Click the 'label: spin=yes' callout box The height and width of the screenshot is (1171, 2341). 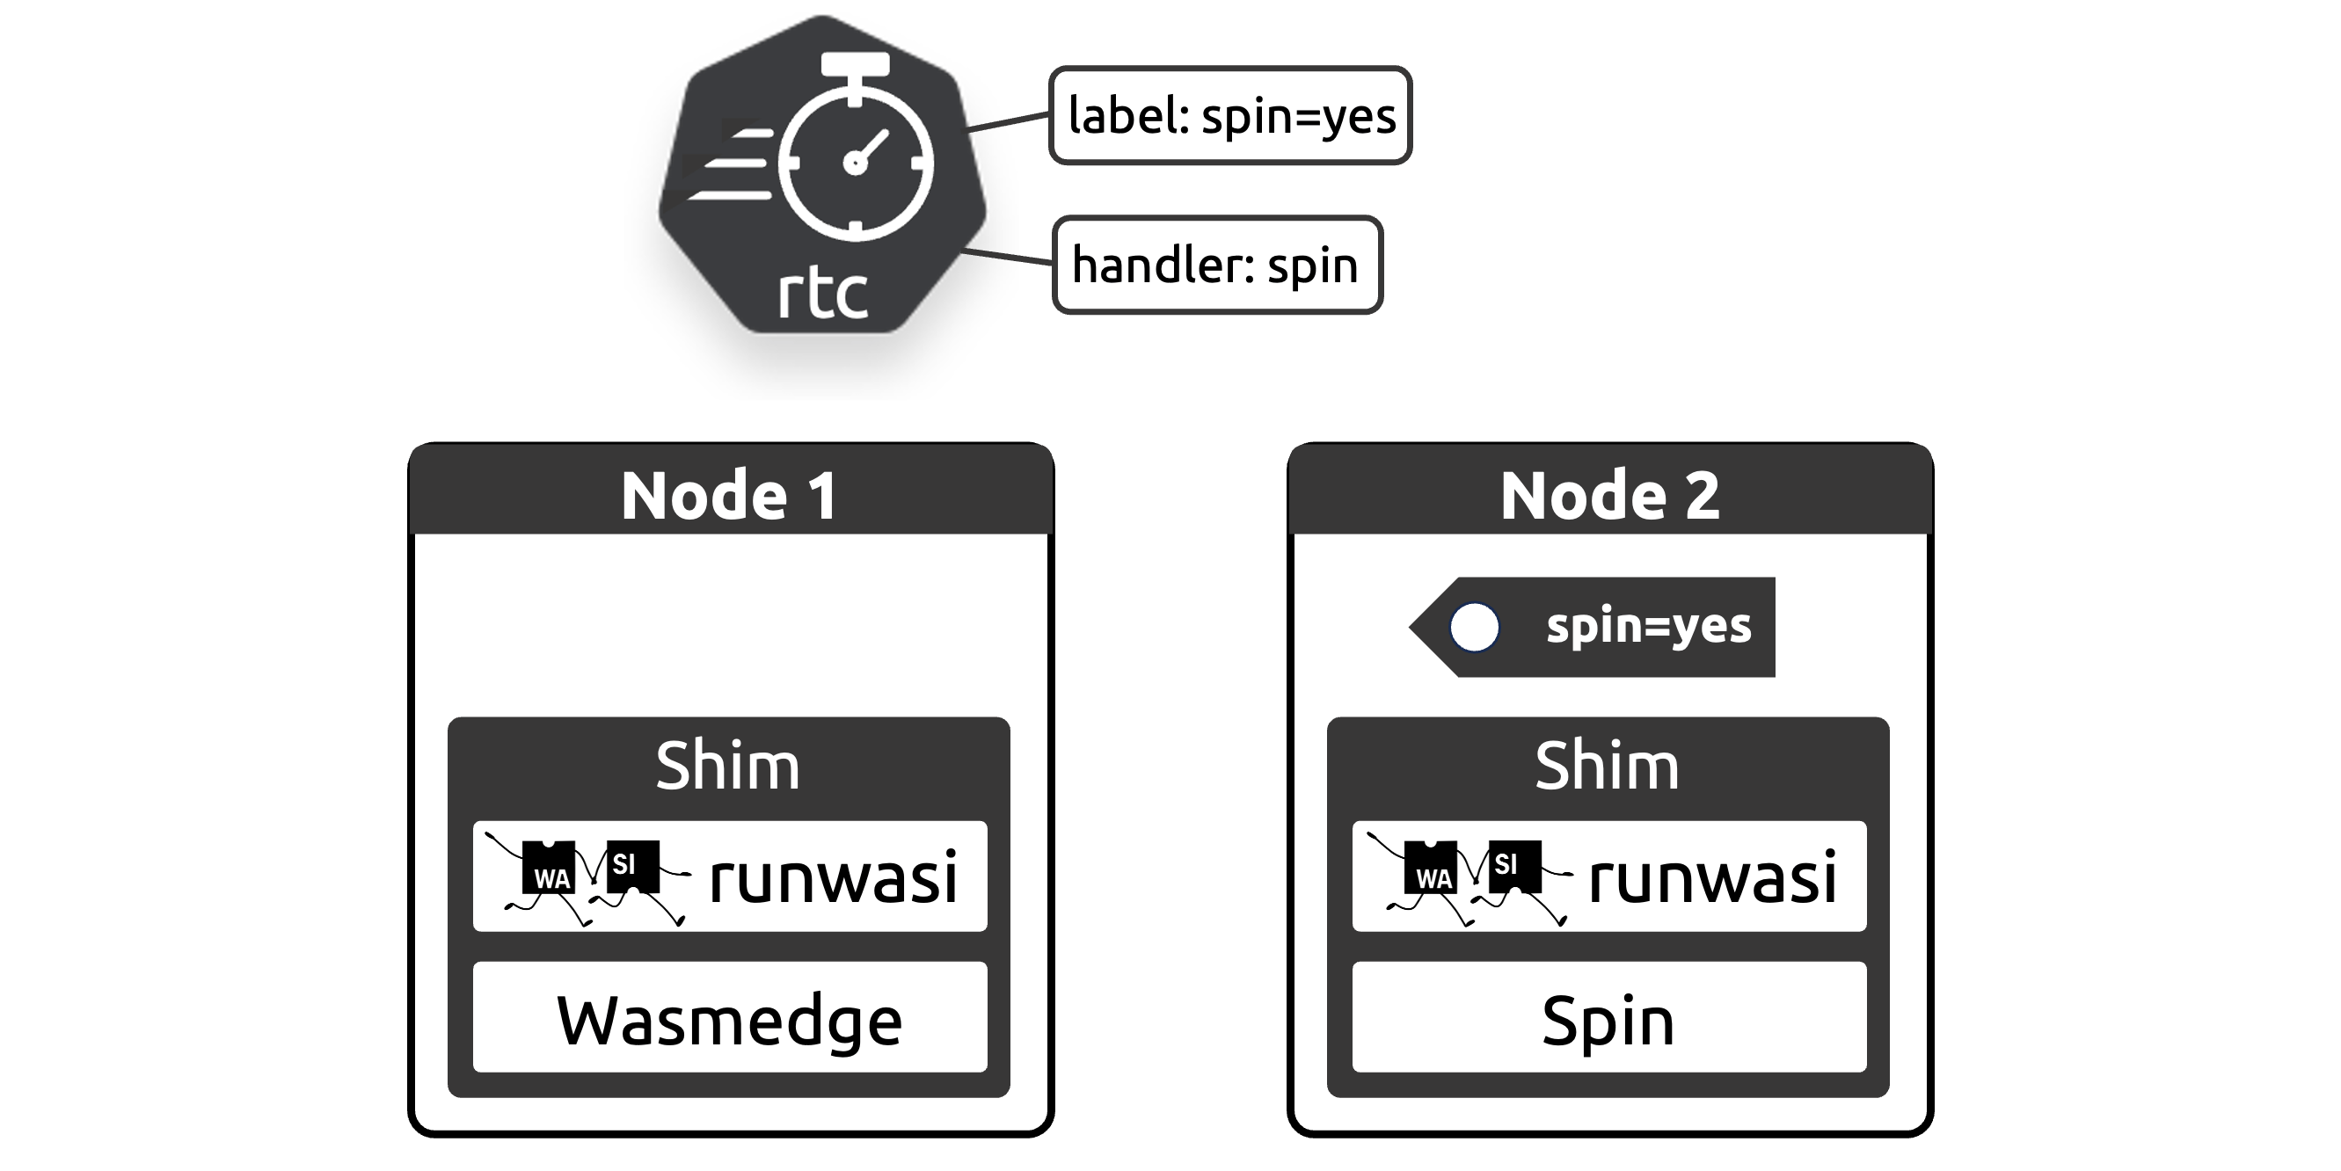[1229, 115]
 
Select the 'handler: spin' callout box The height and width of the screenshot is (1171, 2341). [1216, 265]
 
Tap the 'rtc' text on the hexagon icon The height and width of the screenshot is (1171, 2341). [822, 294]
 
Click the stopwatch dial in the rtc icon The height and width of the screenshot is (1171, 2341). [855, 163]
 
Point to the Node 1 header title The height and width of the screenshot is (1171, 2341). [730, 495]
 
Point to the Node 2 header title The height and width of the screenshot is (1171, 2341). [1609, 495]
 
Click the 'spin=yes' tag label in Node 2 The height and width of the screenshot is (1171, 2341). [1648, 627]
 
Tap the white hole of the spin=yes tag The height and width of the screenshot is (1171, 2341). [1474, 628]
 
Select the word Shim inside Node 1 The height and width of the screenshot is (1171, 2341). [728, 766]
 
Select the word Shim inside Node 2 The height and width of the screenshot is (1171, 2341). [1607, 766]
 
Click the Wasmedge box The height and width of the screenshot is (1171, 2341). [730, 1019]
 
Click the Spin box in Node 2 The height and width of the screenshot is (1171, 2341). [1608, 1019]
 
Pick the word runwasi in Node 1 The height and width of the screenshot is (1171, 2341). [833, 877]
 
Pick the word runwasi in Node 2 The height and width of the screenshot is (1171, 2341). [1712, 877]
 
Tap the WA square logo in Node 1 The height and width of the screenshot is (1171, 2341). [550, 869]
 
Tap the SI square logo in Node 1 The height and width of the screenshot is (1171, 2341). [631, 865]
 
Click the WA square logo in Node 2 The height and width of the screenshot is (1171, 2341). [1432, 869]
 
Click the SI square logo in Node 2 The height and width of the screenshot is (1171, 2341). [1513, 865]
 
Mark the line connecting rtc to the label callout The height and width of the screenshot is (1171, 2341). [1008, 123]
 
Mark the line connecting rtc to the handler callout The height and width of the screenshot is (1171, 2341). [1008, 257]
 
